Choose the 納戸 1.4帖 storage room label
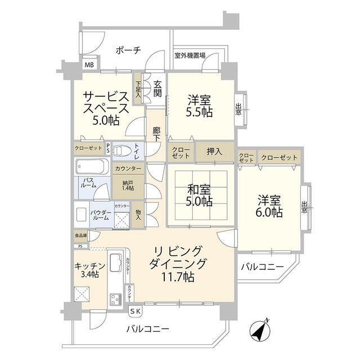[128, 185]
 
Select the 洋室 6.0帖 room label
[270, 206]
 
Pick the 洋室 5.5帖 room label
[199, 106]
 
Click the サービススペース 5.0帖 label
[106, 106]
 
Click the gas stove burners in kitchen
[115, 298]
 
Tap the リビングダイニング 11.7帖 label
[179, 263]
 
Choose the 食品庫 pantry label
[81, 236]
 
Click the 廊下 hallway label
[157, 134]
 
